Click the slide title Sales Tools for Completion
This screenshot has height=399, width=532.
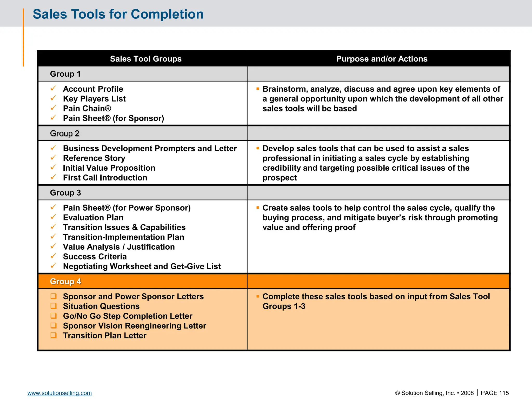point(118,14)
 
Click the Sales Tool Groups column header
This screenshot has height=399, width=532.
point(145,59)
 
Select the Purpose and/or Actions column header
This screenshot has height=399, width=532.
point(382,59)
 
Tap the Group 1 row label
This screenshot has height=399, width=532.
point(65,74)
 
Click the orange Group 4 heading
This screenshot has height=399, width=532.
point(65,281)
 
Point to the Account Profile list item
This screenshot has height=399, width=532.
point(93,89)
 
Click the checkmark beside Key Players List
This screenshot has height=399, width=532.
point(53,98)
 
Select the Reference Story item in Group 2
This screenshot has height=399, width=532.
point(94,158)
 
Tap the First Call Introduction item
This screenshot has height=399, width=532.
point(105,178)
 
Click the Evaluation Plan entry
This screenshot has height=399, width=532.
point(93,217)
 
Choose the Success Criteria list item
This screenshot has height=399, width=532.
point(95,256)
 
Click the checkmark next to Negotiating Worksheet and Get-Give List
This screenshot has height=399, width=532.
point(53,266)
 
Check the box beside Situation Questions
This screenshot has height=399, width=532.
point(54,306)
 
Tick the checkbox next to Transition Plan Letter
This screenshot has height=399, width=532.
point(54,335)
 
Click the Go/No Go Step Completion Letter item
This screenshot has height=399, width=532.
point(128,316)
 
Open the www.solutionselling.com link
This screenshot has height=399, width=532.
point(59,393)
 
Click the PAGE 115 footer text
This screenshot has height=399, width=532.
point(495,393)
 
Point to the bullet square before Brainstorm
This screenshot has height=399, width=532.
point(258,89)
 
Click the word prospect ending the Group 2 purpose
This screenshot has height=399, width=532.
point(280,178)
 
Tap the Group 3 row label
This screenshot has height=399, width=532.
point(65,193)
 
